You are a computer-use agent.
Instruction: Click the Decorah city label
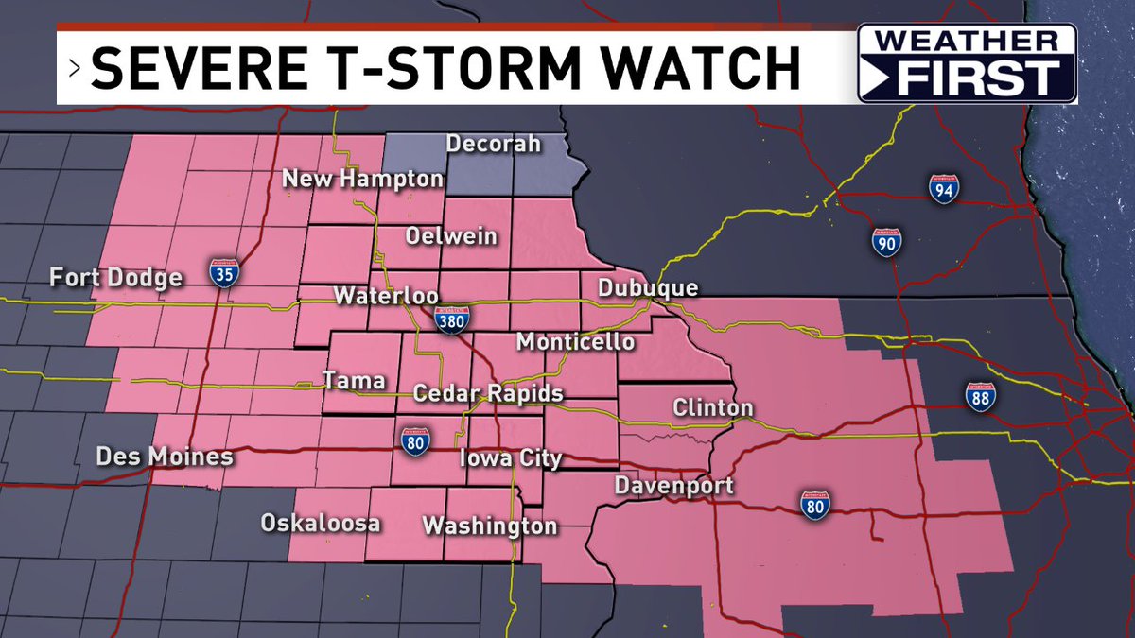coord(493,144)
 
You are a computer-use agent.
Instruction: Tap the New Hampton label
coord(363,178)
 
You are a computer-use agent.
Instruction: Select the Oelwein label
coord(451,235)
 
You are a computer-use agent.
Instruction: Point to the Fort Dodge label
coord(116,278)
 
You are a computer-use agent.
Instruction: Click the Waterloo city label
coord(386,295)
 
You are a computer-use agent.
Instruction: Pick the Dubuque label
coord(648,287)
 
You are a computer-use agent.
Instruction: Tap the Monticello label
coord(575,341)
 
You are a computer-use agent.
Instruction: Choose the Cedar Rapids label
coord(489,393)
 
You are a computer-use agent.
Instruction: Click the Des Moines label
coord(165,457)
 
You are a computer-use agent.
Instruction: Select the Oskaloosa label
coord(321,523)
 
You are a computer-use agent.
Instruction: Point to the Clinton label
coord(713,408)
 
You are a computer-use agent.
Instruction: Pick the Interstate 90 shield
coord(886,243)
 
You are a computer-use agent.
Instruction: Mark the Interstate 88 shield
coord(981,398)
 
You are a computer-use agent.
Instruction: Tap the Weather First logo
coord(967,63)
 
